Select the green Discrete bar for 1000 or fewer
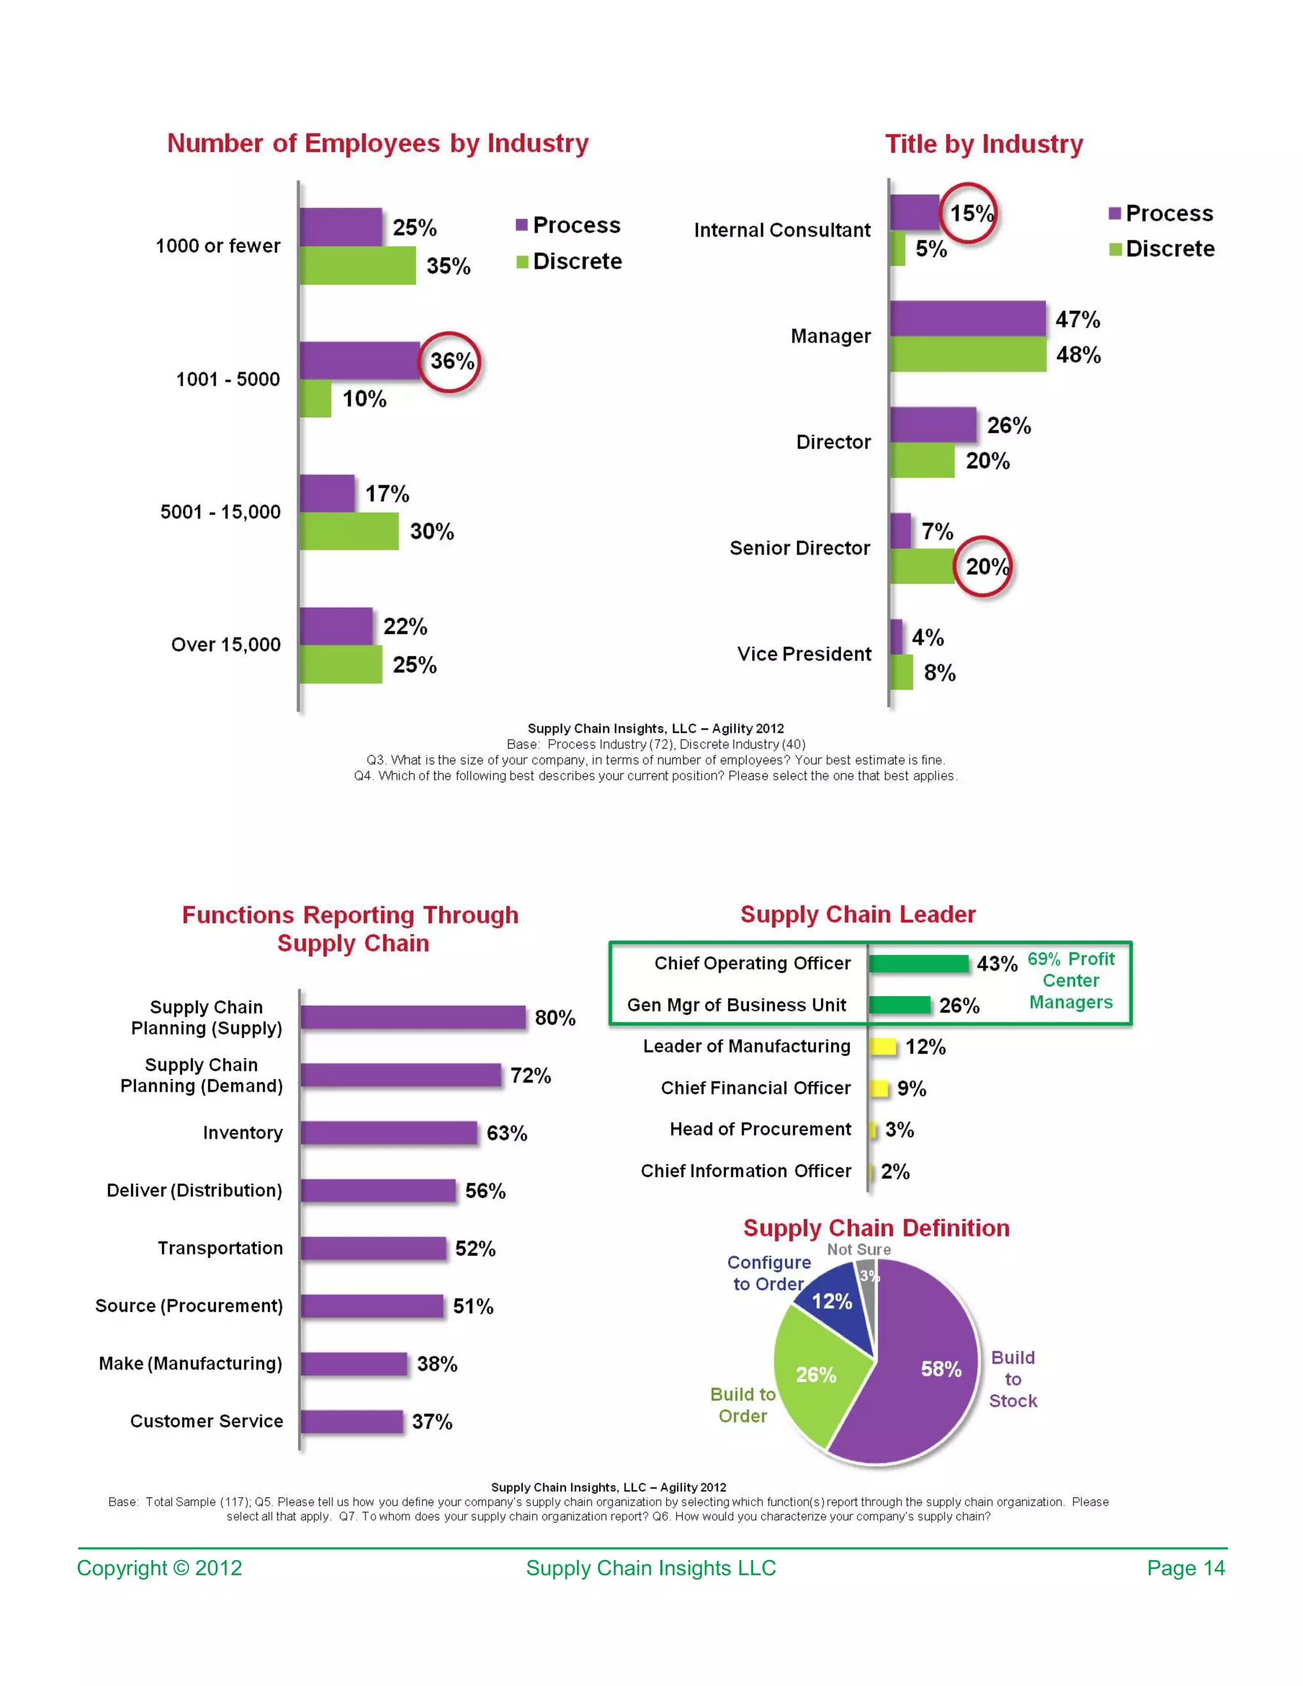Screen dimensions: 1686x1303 [x=357, y=265]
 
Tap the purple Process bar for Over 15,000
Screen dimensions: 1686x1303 [x=336, y=626]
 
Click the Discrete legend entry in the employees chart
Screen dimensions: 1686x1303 [x=569, y=261]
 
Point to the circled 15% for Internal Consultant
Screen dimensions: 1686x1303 [x=969, y=213]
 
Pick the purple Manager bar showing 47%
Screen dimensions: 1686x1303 [x=967, y=319]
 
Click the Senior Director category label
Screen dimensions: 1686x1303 [x=800, y=548]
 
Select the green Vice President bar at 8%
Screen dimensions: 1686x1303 [x=901, y=672]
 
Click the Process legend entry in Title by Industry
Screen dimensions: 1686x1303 [x=1161, y=213]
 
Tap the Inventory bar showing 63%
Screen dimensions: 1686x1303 [x=388, y=1132]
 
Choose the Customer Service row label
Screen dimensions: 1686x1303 [x=206, y=1421]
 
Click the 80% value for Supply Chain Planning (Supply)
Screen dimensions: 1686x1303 [x=555, y=1017]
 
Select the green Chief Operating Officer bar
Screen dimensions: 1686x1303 [x=918, y=963]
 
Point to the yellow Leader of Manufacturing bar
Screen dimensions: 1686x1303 [x=882, y=1047]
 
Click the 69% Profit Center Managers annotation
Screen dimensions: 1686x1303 [x=1071, y=980]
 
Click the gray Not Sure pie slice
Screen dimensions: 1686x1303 [x=868, y=1285]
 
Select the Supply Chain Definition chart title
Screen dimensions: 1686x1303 [x=876, y=1227]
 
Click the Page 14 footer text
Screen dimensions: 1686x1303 [x=1186, y=1568]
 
